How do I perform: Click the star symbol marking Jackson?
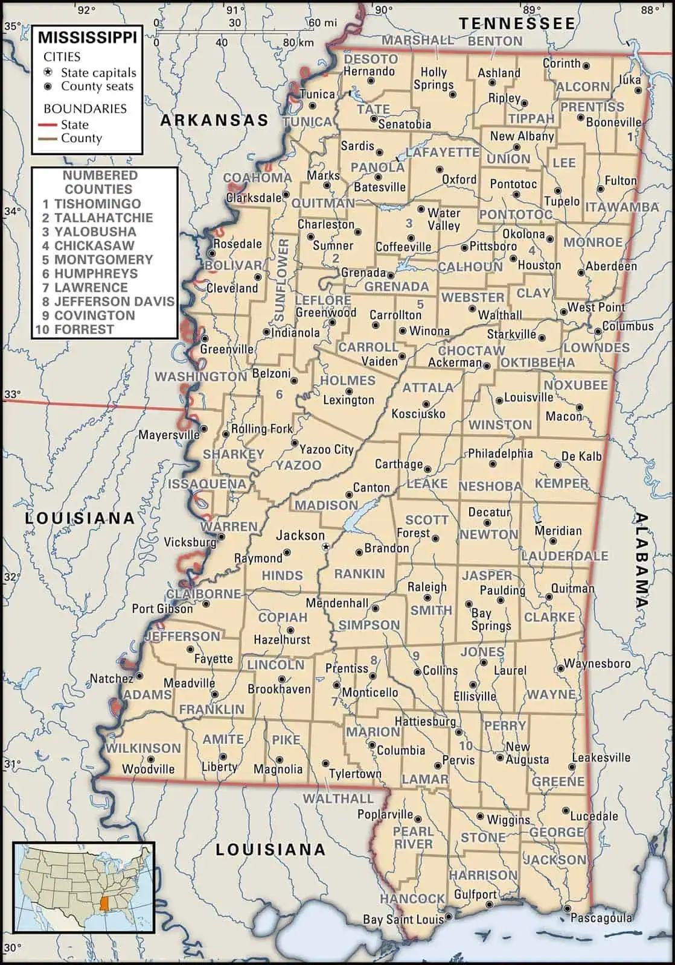pyautogui.click(x=327, y=546)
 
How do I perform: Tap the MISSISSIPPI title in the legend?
pyautogui.click(x=88, y=38)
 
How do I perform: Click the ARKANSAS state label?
pyautogui.click(x=214, y=120)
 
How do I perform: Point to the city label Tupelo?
pyautogui.click(x=561, y=201)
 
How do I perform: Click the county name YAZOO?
pyautogui.click(x=298, y=465)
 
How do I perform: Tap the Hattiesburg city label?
pyautogui.click(x=425, y=721)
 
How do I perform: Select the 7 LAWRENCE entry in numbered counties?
pyautogui.click(x=85, y=288)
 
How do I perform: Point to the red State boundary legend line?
pyautogui.click(x=50, y=125)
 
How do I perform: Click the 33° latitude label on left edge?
pyautogui.click(x=13, y=394)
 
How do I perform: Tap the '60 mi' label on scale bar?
pyautogui.click(x=322, y=23)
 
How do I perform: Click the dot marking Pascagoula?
pyautogui.click(x=566, y=908)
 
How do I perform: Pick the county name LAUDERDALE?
pyautogui.click(x=565, y=556)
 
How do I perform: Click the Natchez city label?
pyautogui.click(x=112, y=679)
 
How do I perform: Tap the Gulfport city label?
pyautogui.click(x=475, y=894)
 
